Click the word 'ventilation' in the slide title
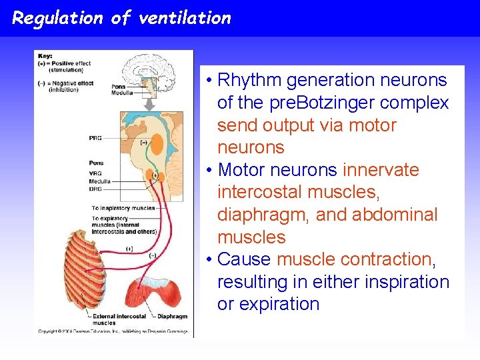(185, 18)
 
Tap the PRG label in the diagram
(95, 138)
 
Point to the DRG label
(95, 189)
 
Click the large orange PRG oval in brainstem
(157, 142)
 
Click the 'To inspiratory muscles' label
(123, 208)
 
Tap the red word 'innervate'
(381, 170)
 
